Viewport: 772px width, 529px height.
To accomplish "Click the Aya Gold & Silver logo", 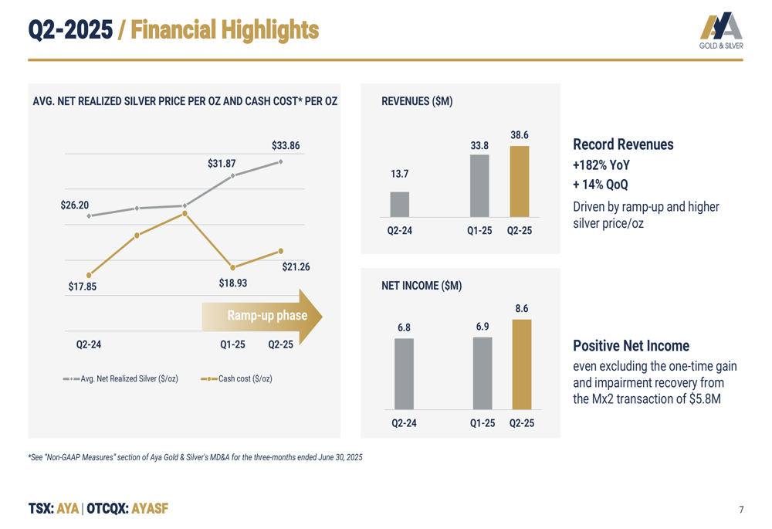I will pyautogui.click(x=720, y=30).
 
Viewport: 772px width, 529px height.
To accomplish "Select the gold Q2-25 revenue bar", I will pyautogui.click(x=520, y=181).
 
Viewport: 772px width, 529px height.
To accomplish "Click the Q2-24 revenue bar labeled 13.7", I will pyautogui.click(x=399, y=204).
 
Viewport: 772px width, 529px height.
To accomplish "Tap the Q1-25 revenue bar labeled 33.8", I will pyautogui.click(x=479, y=185).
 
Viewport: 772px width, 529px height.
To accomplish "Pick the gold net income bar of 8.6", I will pyautogui.click(x=522, y=364).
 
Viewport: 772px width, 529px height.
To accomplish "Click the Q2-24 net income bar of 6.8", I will pyautogui.click(x=404, y=373).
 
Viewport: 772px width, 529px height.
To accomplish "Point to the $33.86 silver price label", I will pyautogui.click(x=286, y=145).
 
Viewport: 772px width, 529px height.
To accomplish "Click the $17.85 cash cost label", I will pyautogui.click(x=83, y=287).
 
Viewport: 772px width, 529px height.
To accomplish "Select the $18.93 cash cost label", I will pyautogui.click(x=232, y=283).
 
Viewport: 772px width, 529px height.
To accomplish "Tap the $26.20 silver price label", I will pyautogui.click(x=75, y=205).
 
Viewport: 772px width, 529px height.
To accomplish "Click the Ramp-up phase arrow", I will pyautogui.click(x=262, y=316).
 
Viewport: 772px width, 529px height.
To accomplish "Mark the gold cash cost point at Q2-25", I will pyautogui.click(x=280, y=251).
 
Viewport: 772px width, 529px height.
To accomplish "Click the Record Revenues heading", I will pyautogui.click(x=623, y=144).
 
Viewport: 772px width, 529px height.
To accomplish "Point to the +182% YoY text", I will pyautogui.click(x=601, y=165).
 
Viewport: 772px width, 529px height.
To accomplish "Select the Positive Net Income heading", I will pyautogui.click(x=631, y=345).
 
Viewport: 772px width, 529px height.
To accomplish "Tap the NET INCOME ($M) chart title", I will pyautogui.click(x=422, y=286).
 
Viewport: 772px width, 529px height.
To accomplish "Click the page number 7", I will pyautogui.click(x=741, y=510).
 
